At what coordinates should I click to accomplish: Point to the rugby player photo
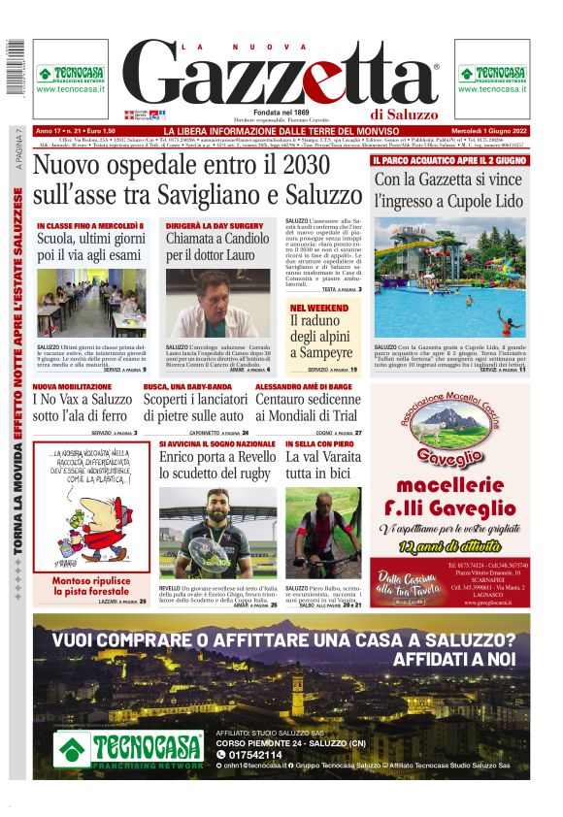pyautogui.click(x=218, y=534)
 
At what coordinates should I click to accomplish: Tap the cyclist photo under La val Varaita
pyautogui.click(x=322, y=535)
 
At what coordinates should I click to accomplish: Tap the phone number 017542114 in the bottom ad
pyautogui.click(x=254, y=754)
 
